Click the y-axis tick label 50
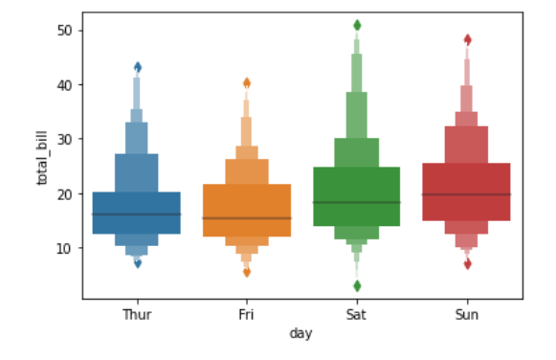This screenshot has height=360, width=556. point(64,31)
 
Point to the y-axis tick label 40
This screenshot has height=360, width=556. point(64,85)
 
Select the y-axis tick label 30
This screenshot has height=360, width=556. point(64,140)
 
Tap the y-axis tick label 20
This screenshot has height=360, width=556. point(64,194)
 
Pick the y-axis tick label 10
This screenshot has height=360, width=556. point(64,248)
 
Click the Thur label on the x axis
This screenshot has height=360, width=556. point(137,315)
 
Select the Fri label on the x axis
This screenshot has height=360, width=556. point(247,315)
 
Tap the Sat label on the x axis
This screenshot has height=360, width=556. point(356,315)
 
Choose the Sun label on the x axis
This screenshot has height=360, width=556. point(467,315)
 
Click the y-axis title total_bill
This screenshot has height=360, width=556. point(42,158)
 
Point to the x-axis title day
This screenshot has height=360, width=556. point(300,333)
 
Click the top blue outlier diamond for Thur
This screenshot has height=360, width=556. point(138,67)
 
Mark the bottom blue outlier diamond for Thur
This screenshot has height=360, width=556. point(138,263)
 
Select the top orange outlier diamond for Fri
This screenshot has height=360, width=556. point(247,83)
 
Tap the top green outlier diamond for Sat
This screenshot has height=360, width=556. point(357,25)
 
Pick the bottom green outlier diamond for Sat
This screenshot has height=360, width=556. point(357,286)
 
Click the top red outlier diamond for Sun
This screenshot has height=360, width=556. point(468,39)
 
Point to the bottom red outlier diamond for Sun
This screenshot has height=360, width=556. point(468,264)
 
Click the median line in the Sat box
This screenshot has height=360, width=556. point(357,203)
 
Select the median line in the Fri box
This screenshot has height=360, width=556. point(247,218)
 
